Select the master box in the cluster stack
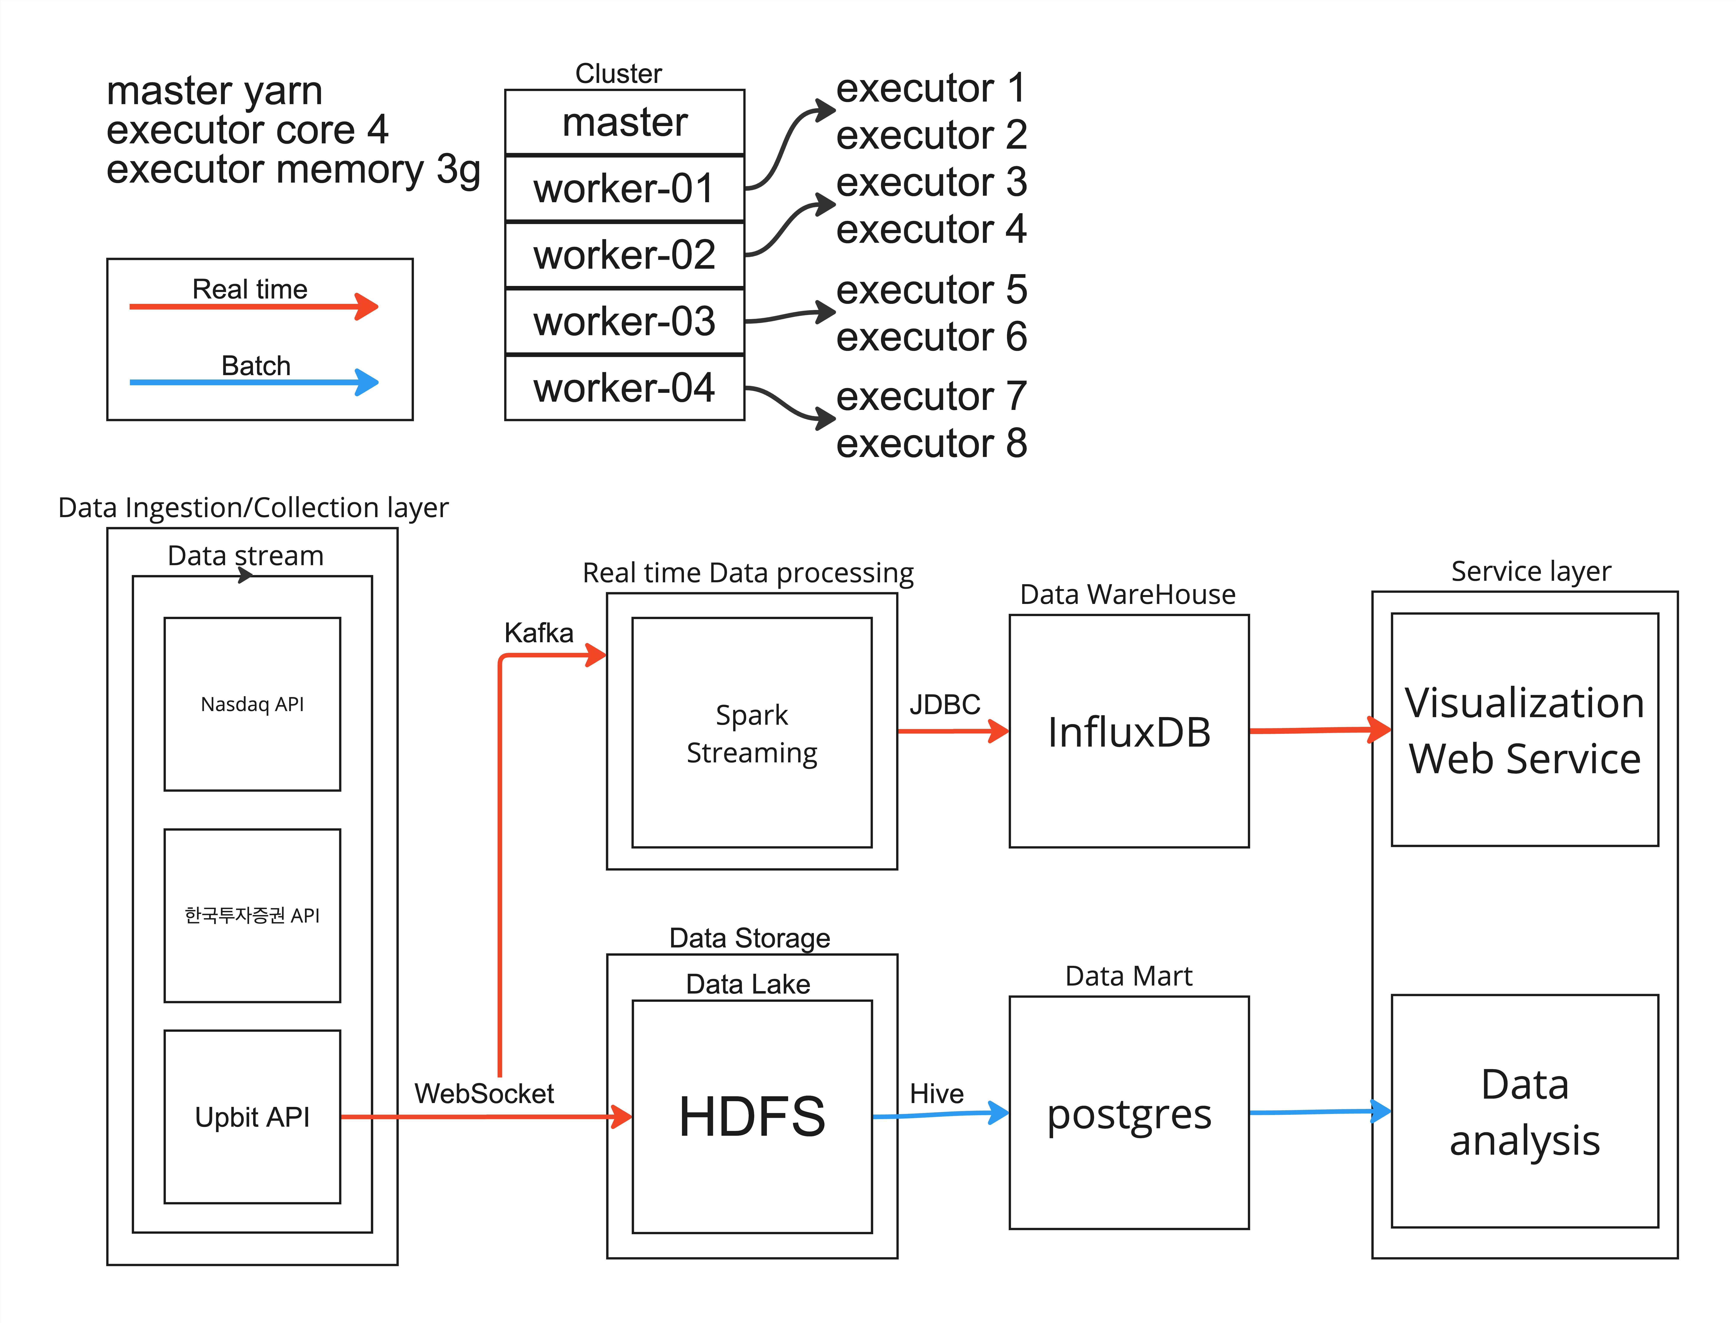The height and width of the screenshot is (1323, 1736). tap(624, 122)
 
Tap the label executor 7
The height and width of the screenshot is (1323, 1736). tap(931, 396)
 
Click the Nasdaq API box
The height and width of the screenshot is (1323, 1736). tap(252, 704)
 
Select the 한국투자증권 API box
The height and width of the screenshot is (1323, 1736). tap(252, 915)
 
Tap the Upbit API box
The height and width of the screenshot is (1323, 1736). tap(252, 1117)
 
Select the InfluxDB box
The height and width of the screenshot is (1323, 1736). tap(1129, 732)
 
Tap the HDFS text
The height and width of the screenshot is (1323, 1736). tap(751, 1117)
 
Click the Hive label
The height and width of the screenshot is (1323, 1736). tap(936, 1094)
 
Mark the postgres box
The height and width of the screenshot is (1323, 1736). tap(1129, 1113)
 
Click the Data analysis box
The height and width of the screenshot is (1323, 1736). tap(1524, 1111)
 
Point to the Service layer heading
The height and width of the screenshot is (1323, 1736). tap(1530, 571)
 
